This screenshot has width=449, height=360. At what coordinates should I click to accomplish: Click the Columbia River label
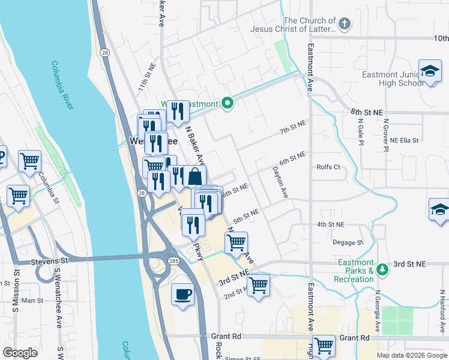tap(62, 85)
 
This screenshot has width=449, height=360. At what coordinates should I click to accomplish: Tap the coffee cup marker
tap(182, 295)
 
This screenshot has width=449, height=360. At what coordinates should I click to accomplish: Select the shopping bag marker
tap(195, 178)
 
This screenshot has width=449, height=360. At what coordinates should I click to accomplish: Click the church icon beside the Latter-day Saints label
tap(344, 25)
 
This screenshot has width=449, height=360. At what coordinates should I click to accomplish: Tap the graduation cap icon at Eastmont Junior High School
tap(430, 71)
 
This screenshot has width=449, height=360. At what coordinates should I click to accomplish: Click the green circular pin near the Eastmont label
tap(227, 104)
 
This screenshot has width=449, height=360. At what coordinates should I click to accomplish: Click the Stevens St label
tap(51, 262)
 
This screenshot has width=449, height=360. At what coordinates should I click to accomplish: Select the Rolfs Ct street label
tap(328, 167)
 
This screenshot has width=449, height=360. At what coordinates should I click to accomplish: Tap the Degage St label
tap(348, 242)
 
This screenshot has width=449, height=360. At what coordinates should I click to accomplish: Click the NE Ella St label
tap(403, 140)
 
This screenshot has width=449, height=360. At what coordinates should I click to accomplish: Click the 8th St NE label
tap(366, 112)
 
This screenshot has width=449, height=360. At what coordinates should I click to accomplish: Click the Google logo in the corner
tap(20, 352)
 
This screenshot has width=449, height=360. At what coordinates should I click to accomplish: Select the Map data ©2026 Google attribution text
tap(412, 355)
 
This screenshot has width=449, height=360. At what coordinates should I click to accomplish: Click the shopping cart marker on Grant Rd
tap(324, 345)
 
